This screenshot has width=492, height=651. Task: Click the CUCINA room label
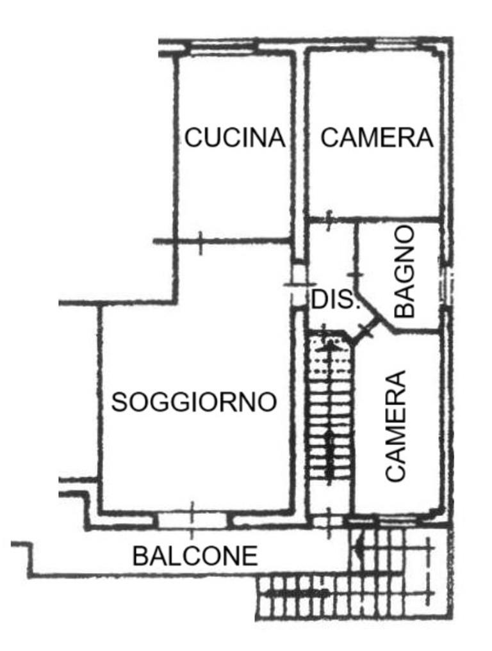tap(235, 138)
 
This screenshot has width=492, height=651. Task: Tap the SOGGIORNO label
tap(194, 402)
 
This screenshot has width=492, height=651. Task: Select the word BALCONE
tap(195, 556)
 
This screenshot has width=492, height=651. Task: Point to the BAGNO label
tap(404, 272)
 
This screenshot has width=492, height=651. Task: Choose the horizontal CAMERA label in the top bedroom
tap(377, 138)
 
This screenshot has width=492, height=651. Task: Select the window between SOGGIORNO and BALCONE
tap(192, 519)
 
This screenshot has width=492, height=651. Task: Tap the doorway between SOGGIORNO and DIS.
tap(297, 285)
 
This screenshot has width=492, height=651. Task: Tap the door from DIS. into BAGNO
tap(356, 274)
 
